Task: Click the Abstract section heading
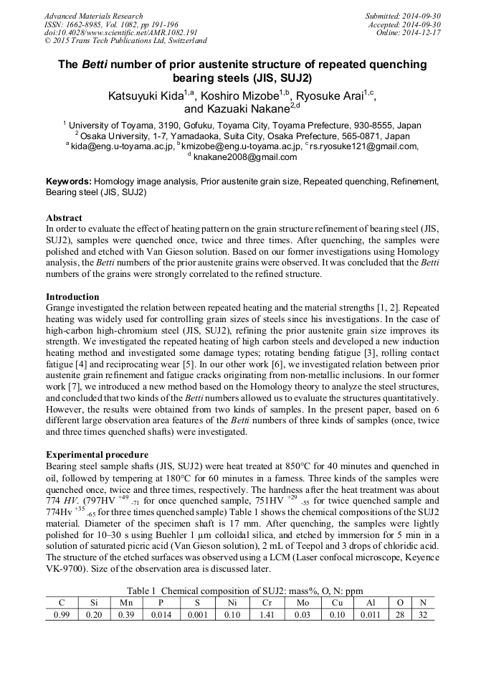pos(64,217)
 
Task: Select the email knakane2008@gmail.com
pos(245,156)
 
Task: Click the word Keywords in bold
pos(68,182)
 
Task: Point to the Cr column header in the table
pos(267,603)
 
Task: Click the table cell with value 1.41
pos(267,615)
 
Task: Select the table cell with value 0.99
pos(62,615)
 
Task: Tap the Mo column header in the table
pos(303,603)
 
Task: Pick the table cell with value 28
pos(402,615)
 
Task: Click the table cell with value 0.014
pos(157,615)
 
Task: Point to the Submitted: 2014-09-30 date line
pos(404,16)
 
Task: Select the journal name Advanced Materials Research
pos(93,16)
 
